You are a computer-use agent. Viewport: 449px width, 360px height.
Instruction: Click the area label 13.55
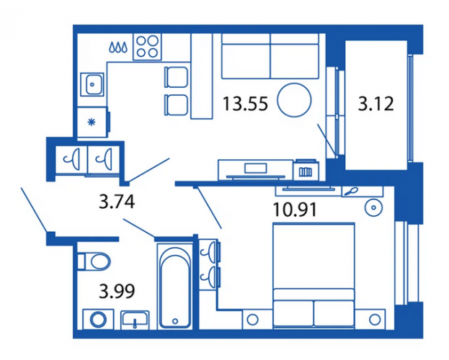pos(246,104)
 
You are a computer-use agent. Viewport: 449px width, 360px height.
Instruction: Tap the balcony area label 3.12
pos(375,104)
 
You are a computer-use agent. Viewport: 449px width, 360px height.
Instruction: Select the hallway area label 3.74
pos(117,201)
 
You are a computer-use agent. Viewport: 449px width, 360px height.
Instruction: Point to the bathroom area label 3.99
pos(117,292)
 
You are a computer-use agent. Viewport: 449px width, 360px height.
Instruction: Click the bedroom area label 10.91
pos(295,210)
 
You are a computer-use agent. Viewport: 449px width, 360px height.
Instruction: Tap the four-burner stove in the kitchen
pos(147,47)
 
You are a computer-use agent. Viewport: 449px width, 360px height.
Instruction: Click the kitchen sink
pos(92,84)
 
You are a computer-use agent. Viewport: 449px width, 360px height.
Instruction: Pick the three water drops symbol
pos(118,48)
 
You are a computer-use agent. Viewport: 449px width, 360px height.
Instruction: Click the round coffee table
pos(294,100)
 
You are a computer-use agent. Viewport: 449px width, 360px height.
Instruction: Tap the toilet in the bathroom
pos(94,261)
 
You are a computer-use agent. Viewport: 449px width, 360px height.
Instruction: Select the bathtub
pos(175,286)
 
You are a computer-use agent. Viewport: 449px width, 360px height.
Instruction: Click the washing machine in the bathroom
pos(98,319)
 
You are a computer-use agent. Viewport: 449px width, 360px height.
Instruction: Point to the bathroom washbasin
pos(135,320)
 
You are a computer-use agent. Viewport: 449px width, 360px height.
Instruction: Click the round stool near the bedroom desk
pos(374,207)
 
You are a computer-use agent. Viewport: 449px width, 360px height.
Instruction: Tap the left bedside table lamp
pos(252,320)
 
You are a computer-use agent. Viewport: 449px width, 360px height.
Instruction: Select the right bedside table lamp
pos(375,320)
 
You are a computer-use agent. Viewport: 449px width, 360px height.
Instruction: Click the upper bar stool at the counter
pos(176,77)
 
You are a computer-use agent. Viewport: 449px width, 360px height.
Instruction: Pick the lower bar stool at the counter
pos(176,105)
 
